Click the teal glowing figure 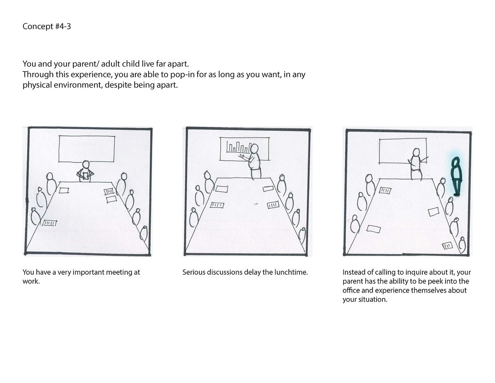click(456, 177)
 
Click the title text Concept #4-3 click(47, 26)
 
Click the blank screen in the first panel click(87, 149)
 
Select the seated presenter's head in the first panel click(86, 164)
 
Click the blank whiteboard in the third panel click(403, 151)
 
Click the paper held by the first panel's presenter click(86, 176)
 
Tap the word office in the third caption click(351, 290)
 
